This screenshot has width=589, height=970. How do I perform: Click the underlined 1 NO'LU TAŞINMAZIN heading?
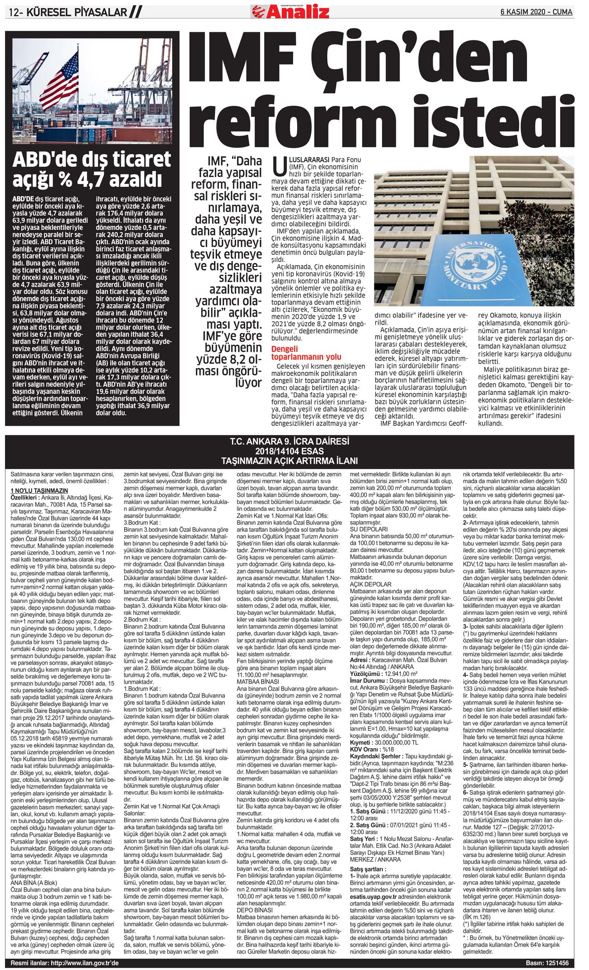[39, 490]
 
